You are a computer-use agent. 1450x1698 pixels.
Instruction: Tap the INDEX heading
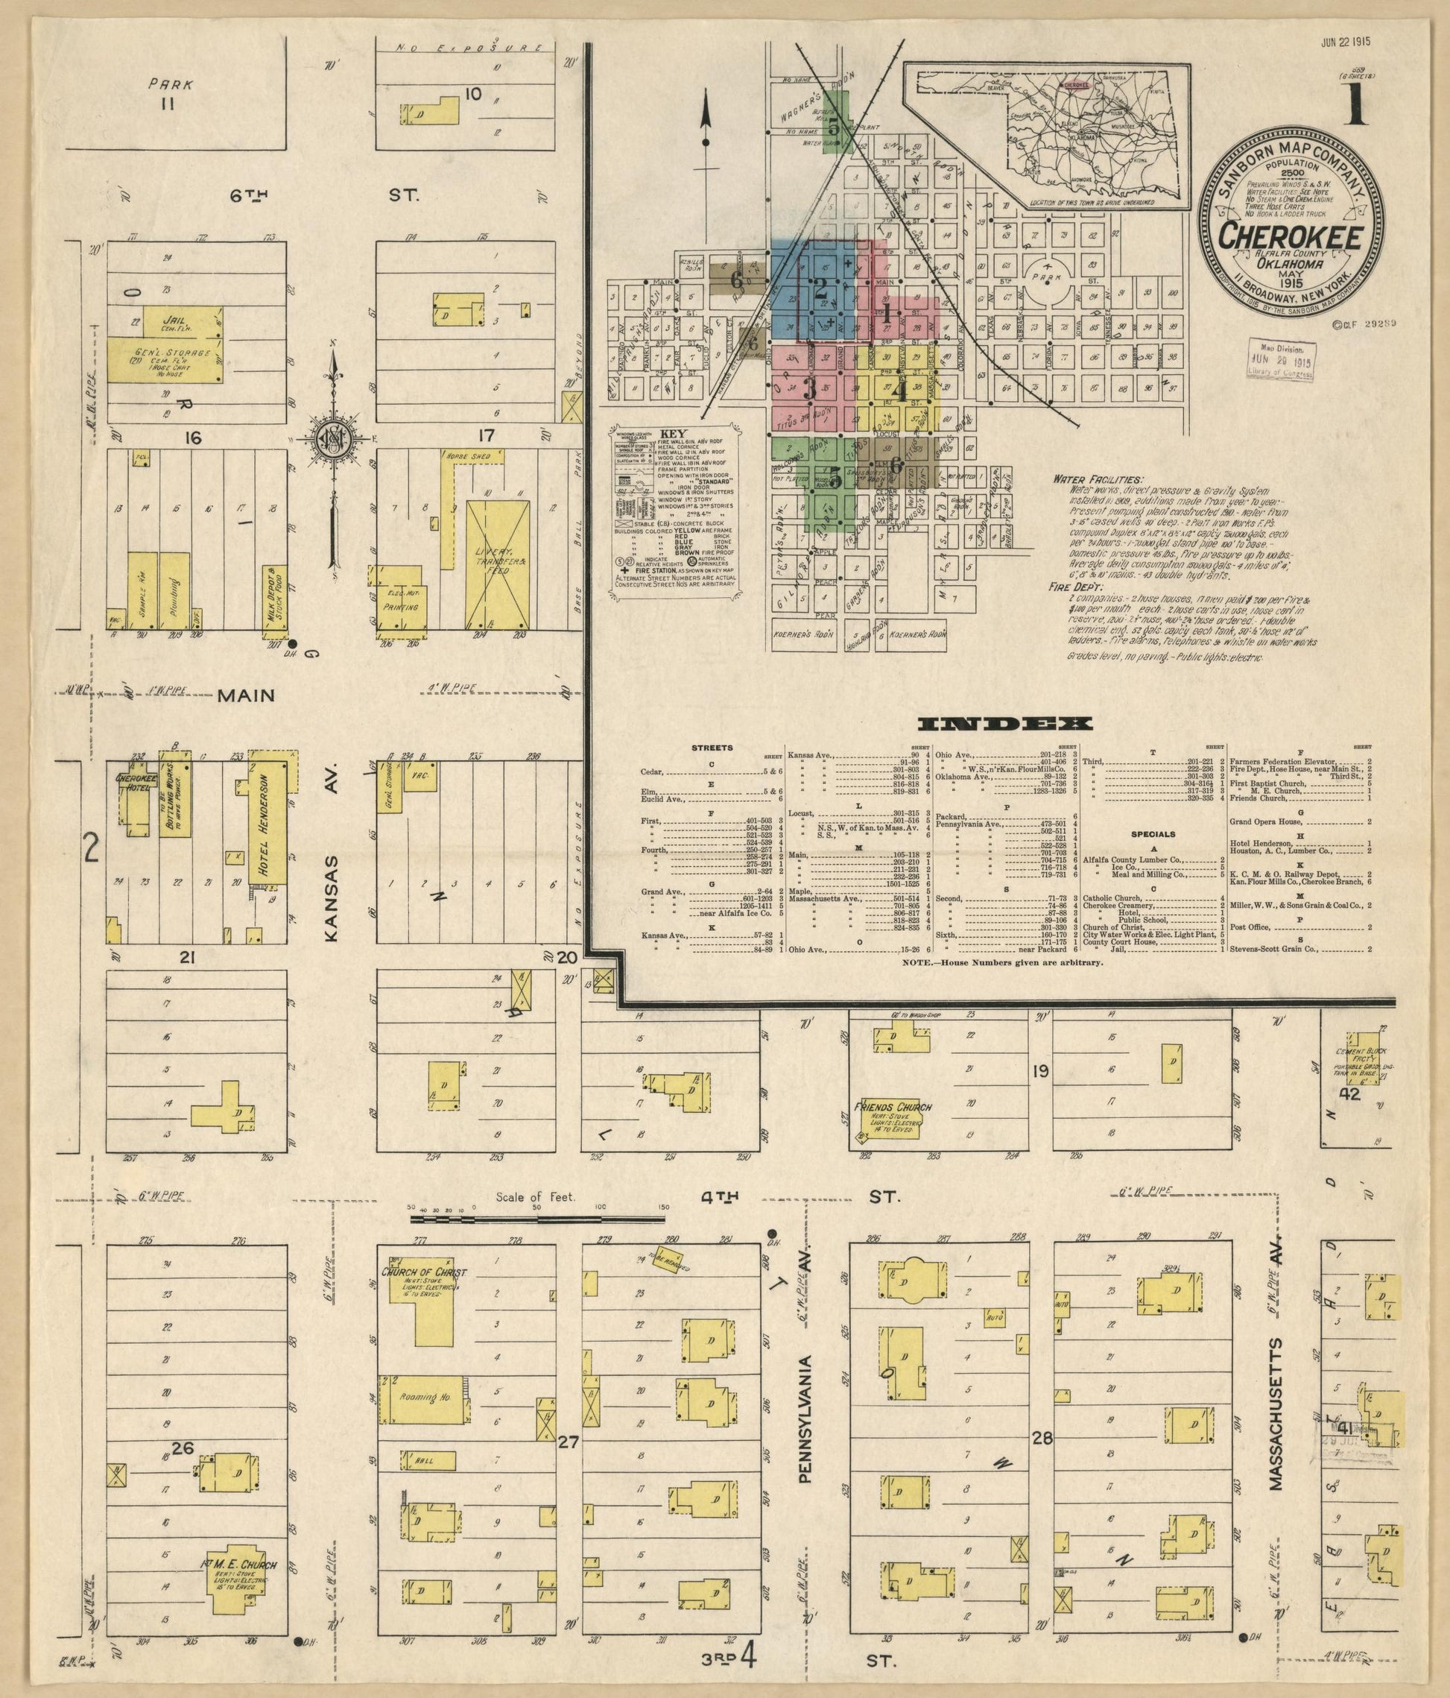[x=1004, y=724]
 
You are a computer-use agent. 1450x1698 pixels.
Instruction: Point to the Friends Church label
[x=893, y=1107]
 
